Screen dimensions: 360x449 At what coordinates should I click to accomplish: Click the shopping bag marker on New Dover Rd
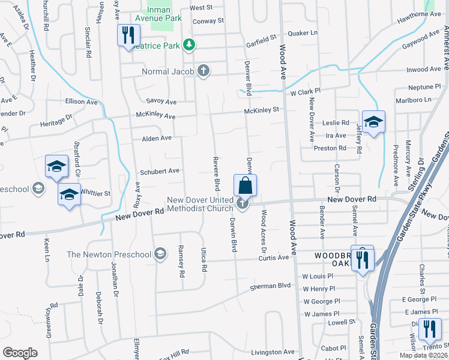pos(246,185)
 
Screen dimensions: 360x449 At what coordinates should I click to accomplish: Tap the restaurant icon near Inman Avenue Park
pos(127,35)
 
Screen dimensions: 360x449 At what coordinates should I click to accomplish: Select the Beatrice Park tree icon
pos(189,44)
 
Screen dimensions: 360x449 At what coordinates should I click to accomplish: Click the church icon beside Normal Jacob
pos(203,71)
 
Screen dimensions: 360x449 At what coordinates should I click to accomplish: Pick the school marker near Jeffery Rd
pos(373,122)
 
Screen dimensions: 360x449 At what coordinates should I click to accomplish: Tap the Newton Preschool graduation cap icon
pos(160,254)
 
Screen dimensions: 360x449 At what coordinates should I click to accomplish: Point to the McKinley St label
pos(262,110)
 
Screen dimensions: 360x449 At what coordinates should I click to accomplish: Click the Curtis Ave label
pos(274,258)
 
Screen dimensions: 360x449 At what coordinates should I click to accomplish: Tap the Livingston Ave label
pos(273,352)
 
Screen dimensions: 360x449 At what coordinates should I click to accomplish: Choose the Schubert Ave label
pos(160,171)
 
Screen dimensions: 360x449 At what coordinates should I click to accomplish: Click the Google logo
pos(20,353)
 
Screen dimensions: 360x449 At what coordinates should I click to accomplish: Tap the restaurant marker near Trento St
pos(429,329)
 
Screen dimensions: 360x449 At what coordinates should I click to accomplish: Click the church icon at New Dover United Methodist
pos(242,204)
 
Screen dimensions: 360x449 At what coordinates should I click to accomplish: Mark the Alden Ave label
pos(157,138)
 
